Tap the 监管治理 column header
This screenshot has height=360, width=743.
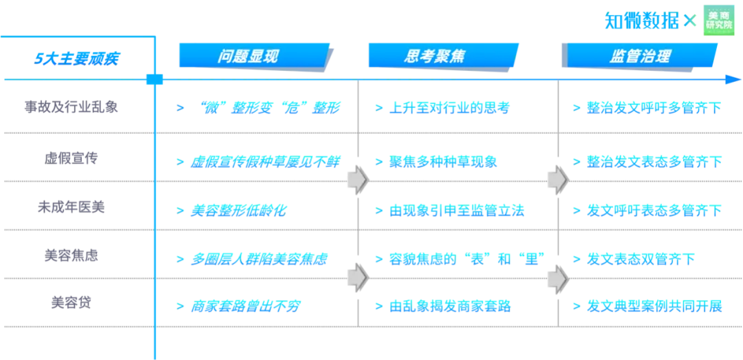tap(639, 56)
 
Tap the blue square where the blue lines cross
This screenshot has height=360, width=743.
tap(153, 80)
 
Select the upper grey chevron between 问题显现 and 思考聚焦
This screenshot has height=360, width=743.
tap(358, 180)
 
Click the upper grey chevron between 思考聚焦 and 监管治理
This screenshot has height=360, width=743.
tap(557, 180)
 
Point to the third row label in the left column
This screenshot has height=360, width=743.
tap(71, 207)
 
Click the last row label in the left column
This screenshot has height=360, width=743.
tap(71, 303)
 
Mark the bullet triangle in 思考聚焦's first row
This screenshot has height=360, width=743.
tap(378, 107)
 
